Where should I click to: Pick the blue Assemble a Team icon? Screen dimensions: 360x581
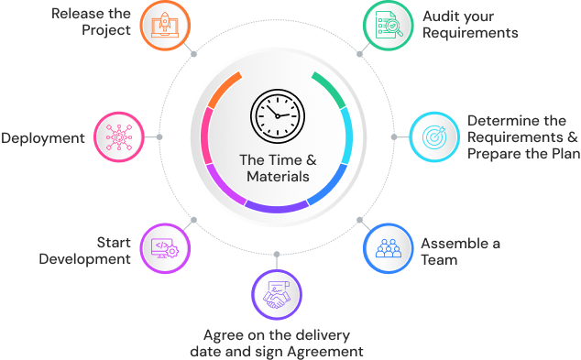click(x=389, y=248)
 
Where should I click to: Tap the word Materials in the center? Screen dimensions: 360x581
click(x=277, y=177)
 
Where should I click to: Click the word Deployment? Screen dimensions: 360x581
click(x=43, y=138)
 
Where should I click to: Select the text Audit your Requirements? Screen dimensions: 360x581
click(x=469, y=25)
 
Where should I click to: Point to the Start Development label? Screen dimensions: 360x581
click(x=86, y=250)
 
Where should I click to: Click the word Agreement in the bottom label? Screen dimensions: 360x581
click(x=325, y=352)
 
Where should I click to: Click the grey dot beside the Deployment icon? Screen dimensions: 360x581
click(x=159, y=137)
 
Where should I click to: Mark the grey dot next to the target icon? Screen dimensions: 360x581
click(x=394, y=136)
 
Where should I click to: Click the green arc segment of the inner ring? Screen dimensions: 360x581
click(x=331, y=86)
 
